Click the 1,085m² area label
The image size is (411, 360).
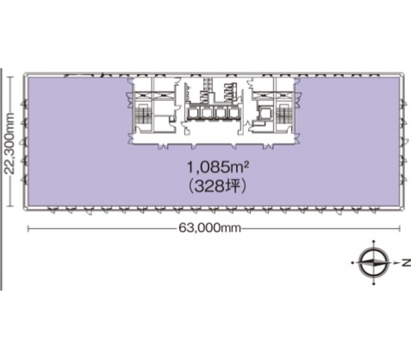click(x=217, y=167)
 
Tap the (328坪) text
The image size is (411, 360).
click(x=217, y=186)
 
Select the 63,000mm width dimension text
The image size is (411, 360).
click(x=209, y=228)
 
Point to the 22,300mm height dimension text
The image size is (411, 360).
click(x=10, y=144)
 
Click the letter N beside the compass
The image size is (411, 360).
click(x=406, y=262)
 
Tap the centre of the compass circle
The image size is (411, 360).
click(x=374, y=262)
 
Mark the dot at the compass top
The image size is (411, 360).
click(x=374, y=241)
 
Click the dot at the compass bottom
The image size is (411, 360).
click(x=374, y=284)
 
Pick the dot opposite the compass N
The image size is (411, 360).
click(x=352, y=262)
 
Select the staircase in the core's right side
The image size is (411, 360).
click(x=285, y=114)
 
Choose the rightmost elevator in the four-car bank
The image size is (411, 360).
click(x=234, y=113)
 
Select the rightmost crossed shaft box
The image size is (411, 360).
click(x=285, y=95)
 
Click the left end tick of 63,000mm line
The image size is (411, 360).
click(x=28, y=229)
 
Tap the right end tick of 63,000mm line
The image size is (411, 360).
click(x=400, y=229)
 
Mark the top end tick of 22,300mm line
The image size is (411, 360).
click(x=10, y=77)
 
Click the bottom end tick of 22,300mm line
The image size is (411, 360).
click(x=10, y=206)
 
